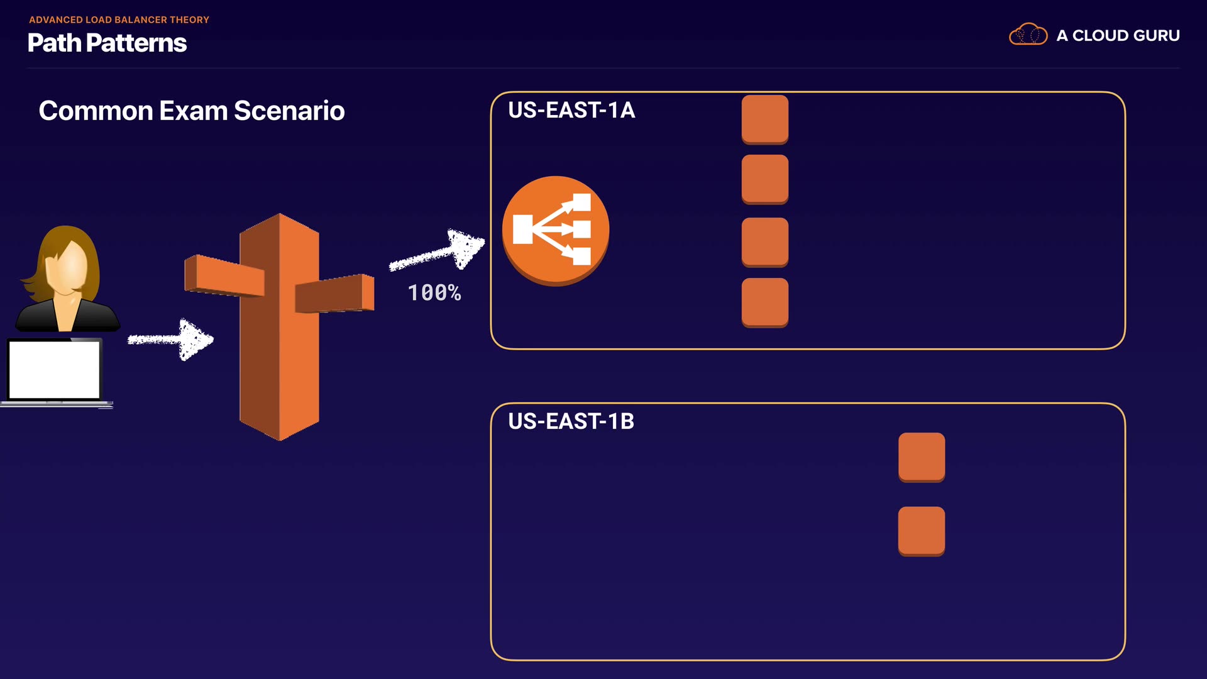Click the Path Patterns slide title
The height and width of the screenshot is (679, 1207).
pos(107,43)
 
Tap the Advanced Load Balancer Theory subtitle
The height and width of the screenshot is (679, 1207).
pos(119,19)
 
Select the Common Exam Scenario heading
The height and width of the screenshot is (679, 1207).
pos(192,111)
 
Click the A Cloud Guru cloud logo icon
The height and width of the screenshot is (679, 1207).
pos(1028,35)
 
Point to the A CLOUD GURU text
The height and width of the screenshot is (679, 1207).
pos(1118,36)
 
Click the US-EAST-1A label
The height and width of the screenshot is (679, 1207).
pos(571,110)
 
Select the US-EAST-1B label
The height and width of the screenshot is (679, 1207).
pos(571,421)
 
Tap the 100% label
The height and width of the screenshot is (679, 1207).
pos(434,292)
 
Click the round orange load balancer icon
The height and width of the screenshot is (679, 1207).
pos(555,230)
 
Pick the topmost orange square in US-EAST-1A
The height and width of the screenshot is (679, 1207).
pos(765,119)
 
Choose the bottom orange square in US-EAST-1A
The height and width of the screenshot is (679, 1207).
pos(765,302)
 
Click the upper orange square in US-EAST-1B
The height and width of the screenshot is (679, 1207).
pos(922,456)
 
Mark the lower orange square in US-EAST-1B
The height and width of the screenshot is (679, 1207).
pos(922,531)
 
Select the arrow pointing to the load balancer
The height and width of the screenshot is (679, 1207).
pos(438,251)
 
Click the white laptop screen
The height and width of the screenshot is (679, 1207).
pos(55,370)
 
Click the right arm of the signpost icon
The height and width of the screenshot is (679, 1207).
pos(335,294)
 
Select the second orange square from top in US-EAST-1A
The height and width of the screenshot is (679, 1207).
pos(765,179)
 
